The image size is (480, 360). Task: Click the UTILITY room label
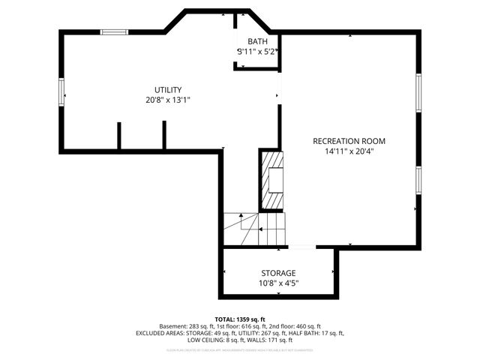[168, 90]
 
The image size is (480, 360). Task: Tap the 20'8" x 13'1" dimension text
[168, 100]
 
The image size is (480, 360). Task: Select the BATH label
[257, 42]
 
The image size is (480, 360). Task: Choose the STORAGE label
[278, 273]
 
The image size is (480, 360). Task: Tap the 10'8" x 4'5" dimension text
[278, 283]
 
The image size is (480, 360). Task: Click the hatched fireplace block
[272, 179]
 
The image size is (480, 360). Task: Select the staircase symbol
[254, 228]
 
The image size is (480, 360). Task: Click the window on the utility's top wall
[114, 31]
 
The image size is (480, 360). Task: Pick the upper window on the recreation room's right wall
[419, 93]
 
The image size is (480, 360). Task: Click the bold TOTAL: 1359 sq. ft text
[240, 319]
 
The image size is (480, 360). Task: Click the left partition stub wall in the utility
[118, 136]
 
